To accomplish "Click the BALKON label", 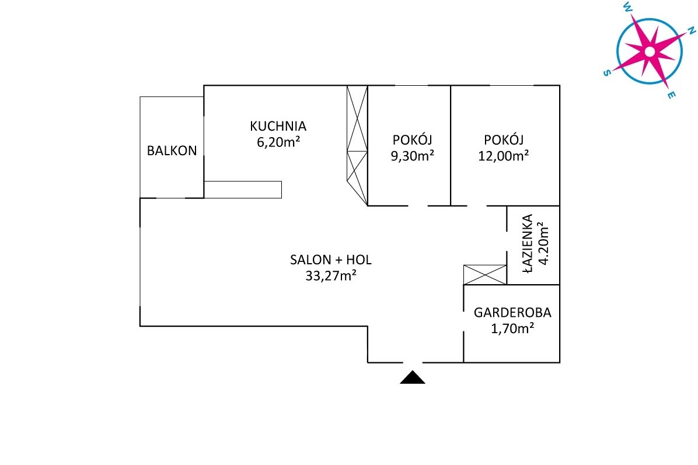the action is coord(172,151).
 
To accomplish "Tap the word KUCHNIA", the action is coord(278,127).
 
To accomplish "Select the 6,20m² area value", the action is coord(278,142).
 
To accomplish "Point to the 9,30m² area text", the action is coord(412,156).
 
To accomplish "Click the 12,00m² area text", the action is coord(504,156).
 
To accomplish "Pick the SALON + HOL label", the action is coord(331,260).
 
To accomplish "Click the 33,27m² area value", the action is coord(331,276).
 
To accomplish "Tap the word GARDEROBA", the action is coord(512,313).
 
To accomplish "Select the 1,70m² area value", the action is coord(512,328).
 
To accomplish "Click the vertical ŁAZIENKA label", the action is coord(527,243).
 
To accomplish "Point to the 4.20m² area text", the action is coord(543,243).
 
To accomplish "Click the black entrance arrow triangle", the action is coord(413,377).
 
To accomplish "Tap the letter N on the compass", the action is coord(692,30).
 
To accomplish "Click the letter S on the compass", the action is coord(607,73).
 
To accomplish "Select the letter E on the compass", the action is coord(672,95).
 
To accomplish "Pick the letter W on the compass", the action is coord(627,6).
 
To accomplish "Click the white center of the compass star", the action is coord(650,52).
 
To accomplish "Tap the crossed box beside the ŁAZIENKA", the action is coord(485,275).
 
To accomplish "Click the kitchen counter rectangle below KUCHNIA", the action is coord(243,190).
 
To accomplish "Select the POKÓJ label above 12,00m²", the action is coord(504,139).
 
